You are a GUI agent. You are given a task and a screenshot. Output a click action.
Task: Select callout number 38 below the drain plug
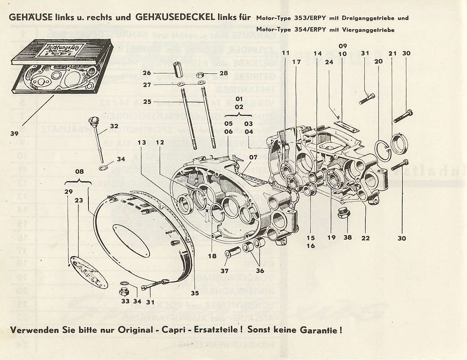(x=348, y=237)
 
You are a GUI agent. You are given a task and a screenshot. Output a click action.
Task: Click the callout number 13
(x=142, y=142)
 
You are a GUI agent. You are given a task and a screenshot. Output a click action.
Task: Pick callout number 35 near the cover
(x=195, y=292)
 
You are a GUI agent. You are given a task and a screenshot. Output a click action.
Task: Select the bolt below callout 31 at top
(x=367, y=98)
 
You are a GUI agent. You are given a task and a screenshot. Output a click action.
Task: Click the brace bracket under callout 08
(x=79, y=182)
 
